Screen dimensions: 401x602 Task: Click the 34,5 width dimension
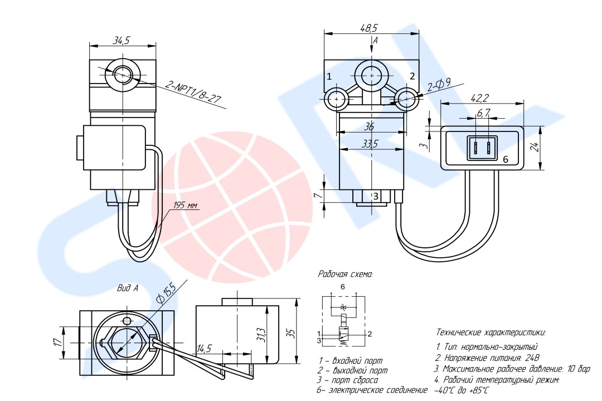click(x=122, y=40)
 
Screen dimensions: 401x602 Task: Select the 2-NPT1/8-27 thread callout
click(x=193, y=93)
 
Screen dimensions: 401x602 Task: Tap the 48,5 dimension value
click(x=368, y=27)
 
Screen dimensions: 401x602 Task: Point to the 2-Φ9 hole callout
click(x=440, y=85)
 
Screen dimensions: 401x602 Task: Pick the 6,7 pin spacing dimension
click(x=483, y=113)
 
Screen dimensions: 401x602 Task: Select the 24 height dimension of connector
click(x=535, y=147)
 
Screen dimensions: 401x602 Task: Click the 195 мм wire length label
click(x=185, y=206)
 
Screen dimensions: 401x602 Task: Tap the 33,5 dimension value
click(x=368, y=144)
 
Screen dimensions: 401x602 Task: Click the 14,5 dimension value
click(x=204, y=349)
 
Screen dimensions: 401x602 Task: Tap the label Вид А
click(x=127, y=288)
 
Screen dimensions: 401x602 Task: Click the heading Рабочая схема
click(x=345, y=274)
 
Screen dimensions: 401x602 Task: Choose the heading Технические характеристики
click(x=491, y=332)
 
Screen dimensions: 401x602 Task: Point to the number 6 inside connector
click(x=506, y=159)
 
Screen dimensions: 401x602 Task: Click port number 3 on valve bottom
click(x=376, y=196)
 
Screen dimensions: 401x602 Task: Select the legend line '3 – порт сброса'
click(x=348, y=380)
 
